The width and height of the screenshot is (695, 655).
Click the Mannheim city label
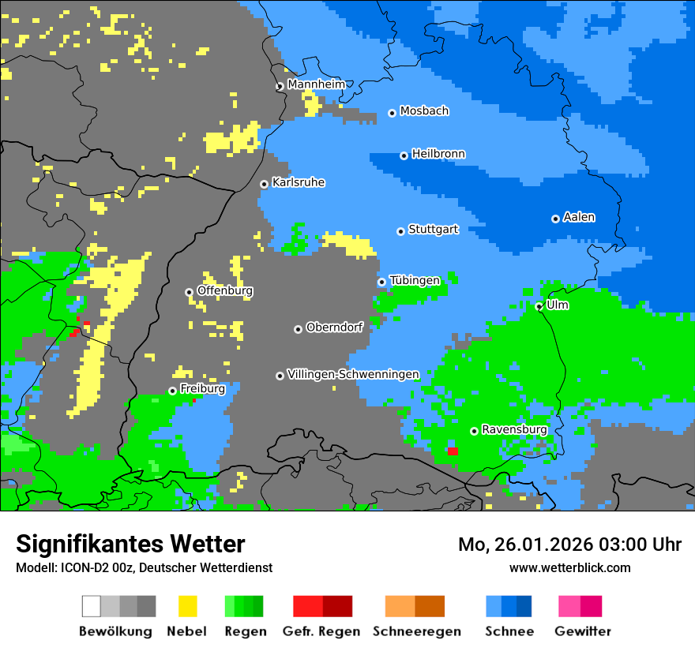(317, 84)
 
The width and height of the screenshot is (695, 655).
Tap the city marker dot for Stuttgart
(401, 231)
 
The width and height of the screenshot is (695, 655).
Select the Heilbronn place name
(438, 154)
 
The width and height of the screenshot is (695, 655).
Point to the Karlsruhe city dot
(265, 184)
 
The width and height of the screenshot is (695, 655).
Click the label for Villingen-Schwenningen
(353, 374)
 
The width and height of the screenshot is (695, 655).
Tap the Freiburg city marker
(172, 391)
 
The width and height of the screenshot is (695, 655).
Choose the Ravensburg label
(514, 429)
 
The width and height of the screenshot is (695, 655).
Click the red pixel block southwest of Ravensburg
(453, 451)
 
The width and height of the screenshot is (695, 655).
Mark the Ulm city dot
(539, 306)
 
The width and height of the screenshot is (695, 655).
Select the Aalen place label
(579, 217)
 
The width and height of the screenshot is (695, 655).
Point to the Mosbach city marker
(392, 113)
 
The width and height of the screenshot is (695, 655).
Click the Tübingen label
(415, 280)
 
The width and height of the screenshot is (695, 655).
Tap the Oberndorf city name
(334, 327)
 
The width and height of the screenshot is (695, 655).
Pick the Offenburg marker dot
(189, 292)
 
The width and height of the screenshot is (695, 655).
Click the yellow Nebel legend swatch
(187, 606)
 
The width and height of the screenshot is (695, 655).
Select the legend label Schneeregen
(417, 631)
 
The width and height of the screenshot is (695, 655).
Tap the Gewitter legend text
(583, 631)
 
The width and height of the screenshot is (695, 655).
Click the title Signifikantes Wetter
(130, 544)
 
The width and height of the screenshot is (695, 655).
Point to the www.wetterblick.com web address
(570, 567)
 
